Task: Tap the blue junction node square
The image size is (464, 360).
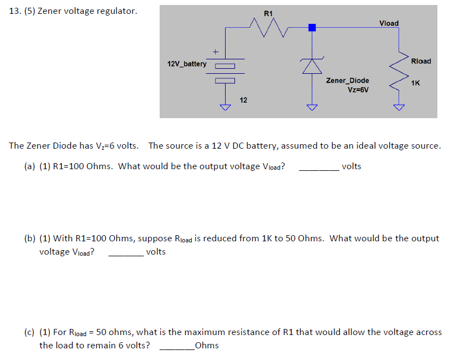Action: click(x=312, y=27)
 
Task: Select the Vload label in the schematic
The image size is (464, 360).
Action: click(x=388, y=23)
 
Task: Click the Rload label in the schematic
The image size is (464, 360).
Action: click(x=421, y=61)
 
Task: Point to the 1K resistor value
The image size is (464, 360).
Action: click(x=415, y=83)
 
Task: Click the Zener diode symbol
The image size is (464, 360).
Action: click(x=312, y=66)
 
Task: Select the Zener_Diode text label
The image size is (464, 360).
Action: click(x=348, y=80)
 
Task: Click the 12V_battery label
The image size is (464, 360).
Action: click(x=187, y=64)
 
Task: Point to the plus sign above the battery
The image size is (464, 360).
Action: click(x=215, y=52)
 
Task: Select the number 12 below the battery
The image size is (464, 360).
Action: click(x=243, y=100)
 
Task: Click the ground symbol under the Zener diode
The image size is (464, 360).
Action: click(x=312, y=107)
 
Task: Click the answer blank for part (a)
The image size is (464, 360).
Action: click(x=319, y=167)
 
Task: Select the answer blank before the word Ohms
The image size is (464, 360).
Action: click(x=177, y=346)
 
